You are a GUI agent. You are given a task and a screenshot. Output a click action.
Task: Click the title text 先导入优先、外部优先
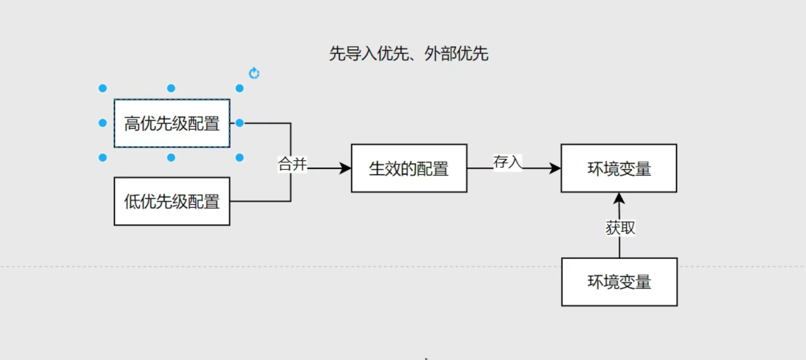point(408,54)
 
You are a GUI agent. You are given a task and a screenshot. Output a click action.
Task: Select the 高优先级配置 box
point(172,123)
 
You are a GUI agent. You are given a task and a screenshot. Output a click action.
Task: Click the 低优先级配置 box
point(172,201)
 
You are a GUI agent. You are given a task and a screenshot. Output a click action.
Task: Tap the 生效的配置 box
point(409,168)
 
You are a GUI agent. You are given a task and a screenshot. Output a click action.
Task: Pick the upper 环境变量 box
point(619,168)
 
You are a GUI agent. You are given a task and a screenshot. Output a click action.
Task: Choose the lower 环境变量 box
point(619,282)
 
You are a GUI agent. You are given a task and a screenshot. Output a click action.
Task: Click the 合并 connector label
point(292,164)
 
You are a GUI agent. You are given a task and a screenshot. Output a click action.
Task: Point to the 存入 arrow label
point(507,162)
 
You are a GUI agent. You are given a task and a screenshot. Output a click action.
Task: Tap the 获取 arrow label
point(620,228)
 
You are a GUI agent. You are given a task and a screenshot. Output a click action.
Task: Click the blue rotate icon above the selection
point(254,73)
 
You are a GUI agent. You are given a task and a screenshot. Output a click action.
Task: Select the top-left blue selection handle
point(103,88)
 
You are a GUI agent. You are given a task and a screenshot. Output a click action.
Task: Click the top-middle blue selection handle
point(171,88)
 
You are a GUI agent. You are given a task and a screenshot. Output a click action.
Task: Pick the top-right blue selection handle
point(239,88)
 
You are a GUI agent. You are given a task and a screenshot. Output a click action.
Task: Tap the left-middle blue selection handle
point(103,123)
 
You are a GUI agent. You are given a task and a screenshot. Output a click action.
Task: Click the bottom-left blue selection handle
point(103,158)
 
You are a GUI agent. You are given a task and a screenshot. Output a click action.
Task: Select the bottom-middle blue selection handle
point(171,158)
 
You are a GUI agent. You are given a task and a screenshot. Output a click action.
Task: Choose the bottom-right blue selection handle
point(239,158)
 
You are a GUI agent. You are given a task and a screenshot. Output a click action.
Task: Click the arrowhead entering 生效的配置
point(346,168)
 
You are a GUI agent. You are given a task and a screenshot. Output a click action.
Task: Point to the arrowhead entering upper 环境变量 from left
point(555,168)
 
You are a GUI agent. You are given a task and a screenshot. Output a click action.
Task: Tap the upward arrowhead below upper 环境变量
point(619,198)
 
